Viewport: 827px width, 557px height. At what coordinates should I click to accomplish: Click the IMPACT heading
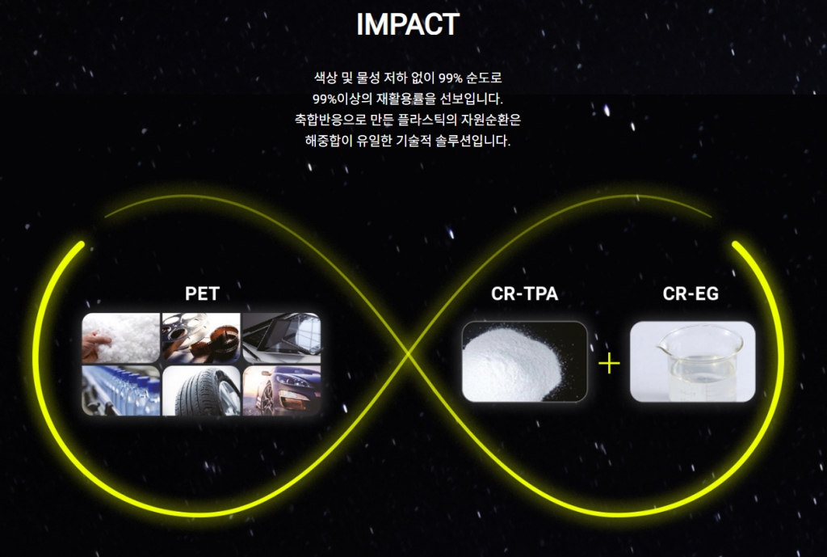pyautogui.click(x=408, y=24)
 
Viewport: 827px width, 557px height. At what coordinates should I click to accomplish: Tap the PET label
pyautogui.click(x=202, y=293)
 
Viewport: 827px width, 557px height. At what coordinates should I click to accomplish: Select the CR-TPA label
pyautogui.click(x=524, y=293)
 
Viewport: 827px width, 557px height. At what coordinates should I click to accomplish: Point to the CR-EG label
pyautogui.click(x=691, y=293)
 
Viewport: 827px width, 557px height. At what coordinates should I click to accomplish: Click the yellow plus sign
pyautogui.click(x=609, y=363)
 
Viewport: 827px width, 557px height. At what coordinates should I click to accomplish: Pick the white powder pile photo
pyautogui.click(x=524, y=361)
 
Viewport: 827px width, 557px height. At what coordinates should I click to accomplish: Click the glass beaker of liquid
pyautogui.click(x=692, y=361)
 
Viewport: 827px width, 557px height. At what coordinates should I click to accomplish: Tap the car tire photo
pyautogui.click(x=201, y=390)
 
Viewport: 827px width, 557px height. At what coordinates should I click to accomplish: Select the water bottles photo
pyautogui.click(x=121, y=390)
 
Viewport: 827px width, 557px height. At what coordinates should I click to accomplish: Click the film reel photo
pyautogui.click(x=201, y=338)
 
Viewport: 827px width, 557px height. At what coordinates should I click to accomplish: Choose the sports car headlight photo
pyautogui.click(x=282, y=390)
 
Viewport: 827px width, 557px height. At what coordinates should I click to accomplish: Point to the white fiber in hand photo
pyautogui.click(x=121, y=338)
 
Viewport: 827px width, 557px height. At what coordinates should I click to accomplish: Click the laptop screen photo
pyautogui.click(x=282, y=338)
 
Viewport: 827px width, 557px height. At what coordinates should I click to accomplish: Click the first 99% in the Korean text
pyautogui.click(x=451, y=78)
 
